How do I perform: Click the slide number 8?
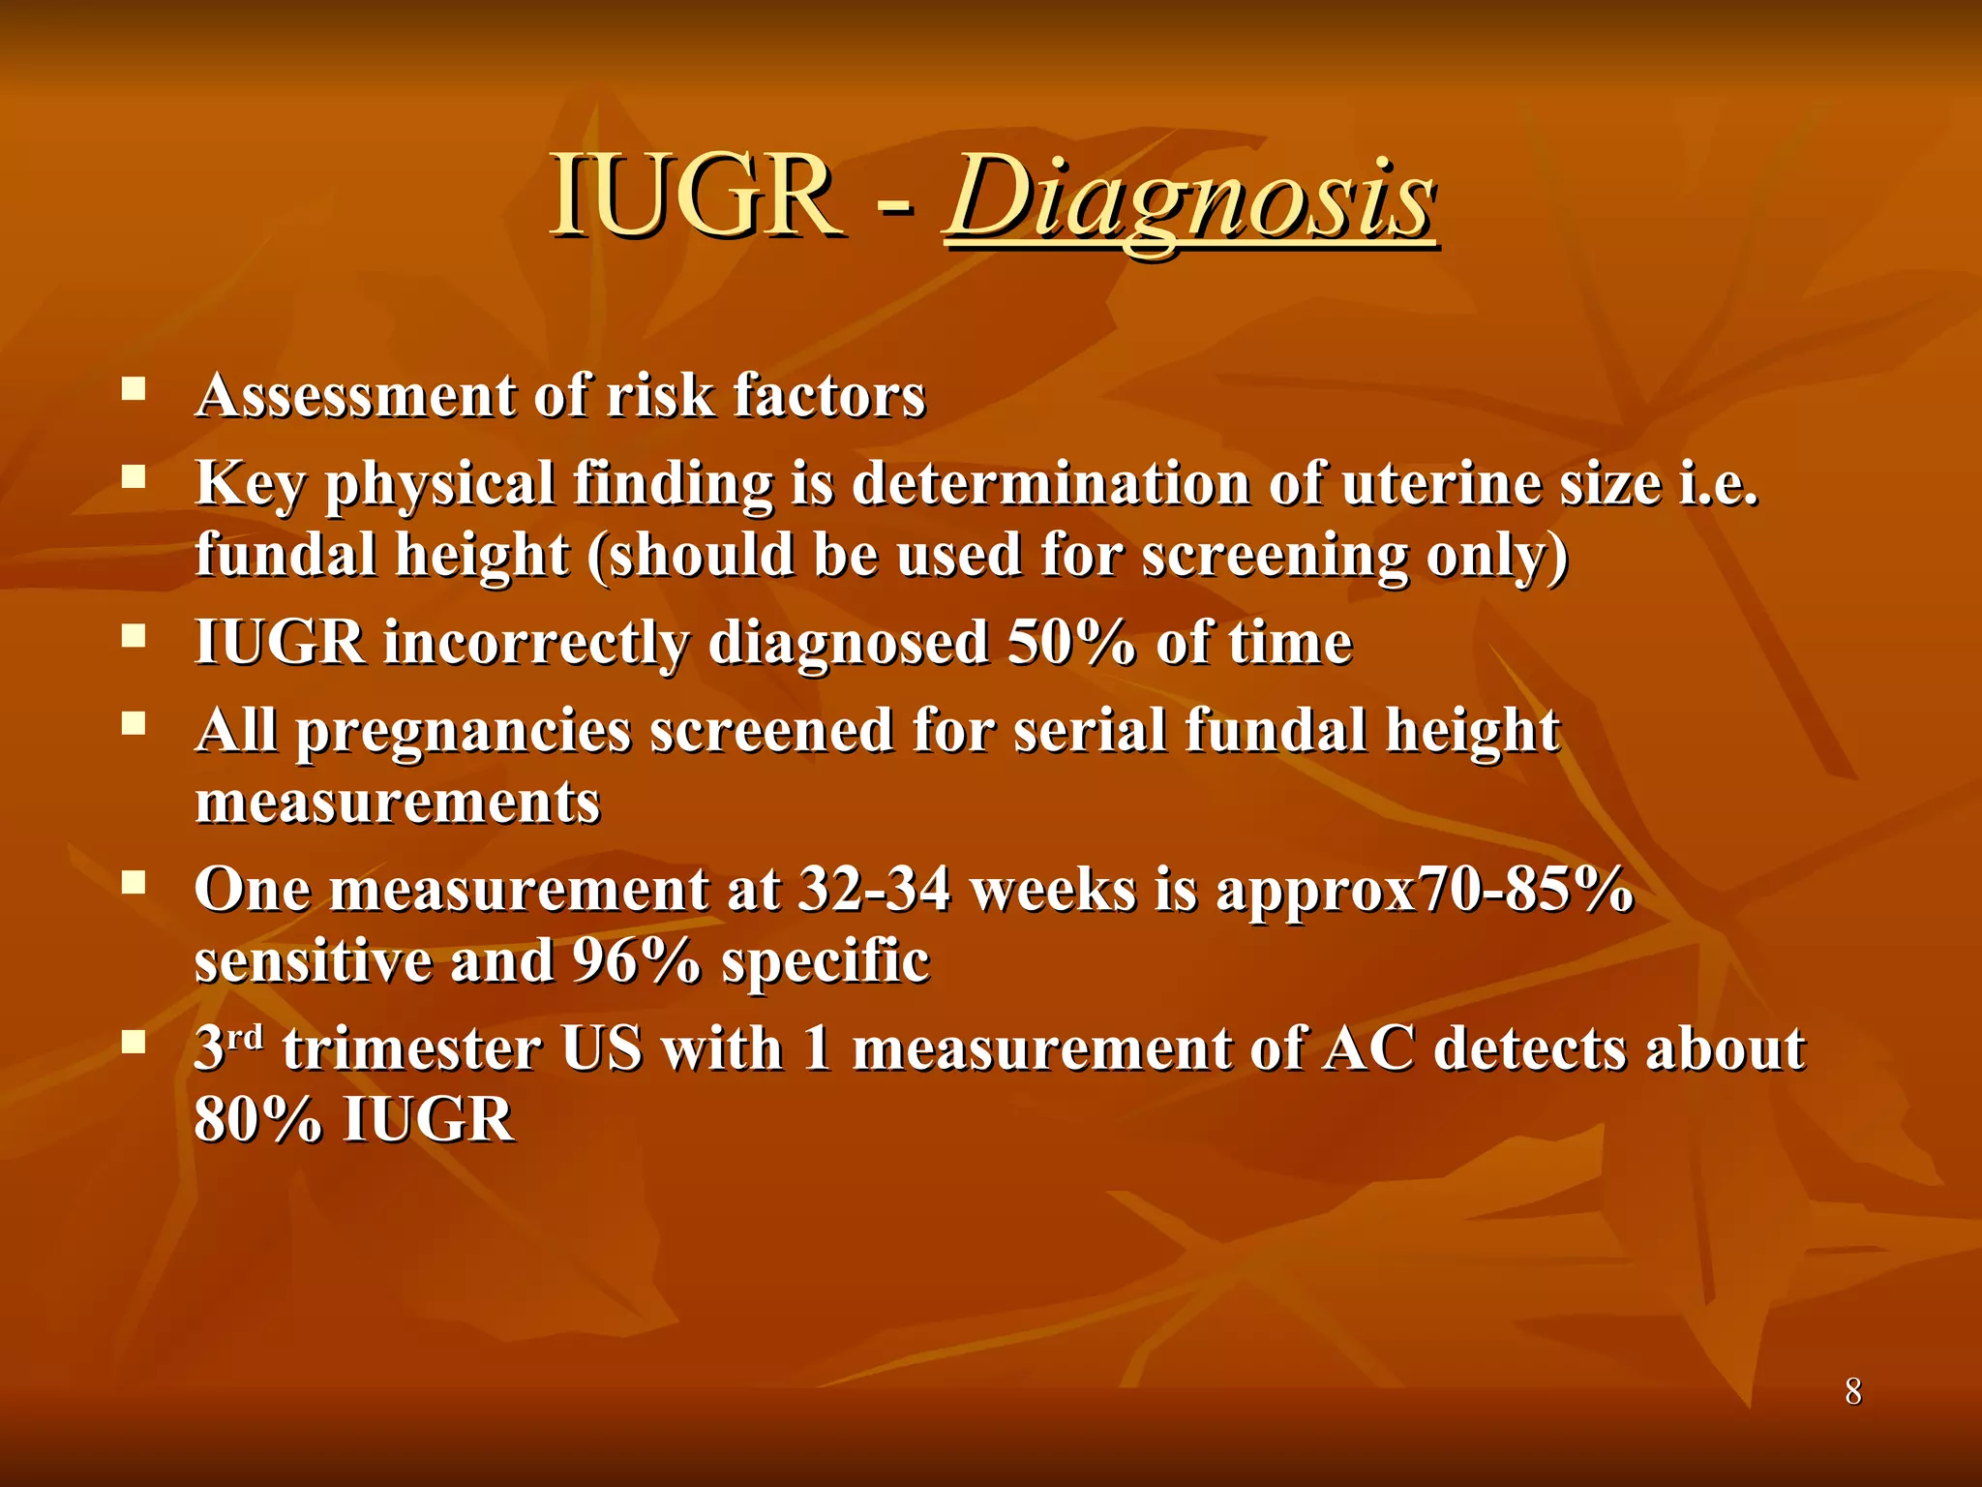(x=1852, y=1391)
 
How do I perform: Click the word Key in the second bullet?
(x=250, y=484)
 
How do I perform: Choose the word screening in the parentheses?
(x=1275, y=557)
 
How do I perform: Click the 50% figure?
(x=1071, y=643)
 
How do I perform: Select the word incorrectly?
(x=536, y=643)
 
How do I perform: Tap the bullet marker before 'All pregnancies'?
(x=134, y=723)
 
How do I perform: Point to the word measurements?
(x=398, y=803)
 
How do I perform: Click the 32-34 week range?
(x=874, y=890)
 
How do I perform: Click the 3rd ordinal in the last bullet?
(x=228, y=1047)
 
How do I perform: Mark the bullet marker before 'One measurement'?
(x=134, y=882)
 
